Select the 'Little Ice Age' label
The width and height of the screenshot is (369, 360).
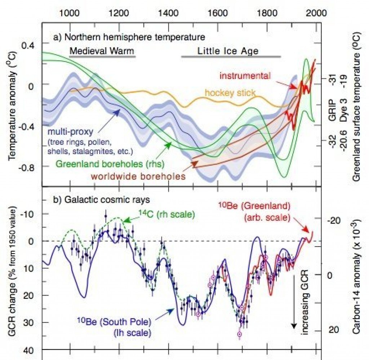point(228,51)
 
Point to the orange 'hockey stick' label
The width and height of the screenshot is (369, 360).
point(230,93)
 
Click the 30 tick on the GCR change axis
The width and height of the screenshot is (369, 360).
point(31,322)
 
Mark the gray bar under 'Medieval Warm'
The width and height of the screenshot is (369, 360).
point(102,57)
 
